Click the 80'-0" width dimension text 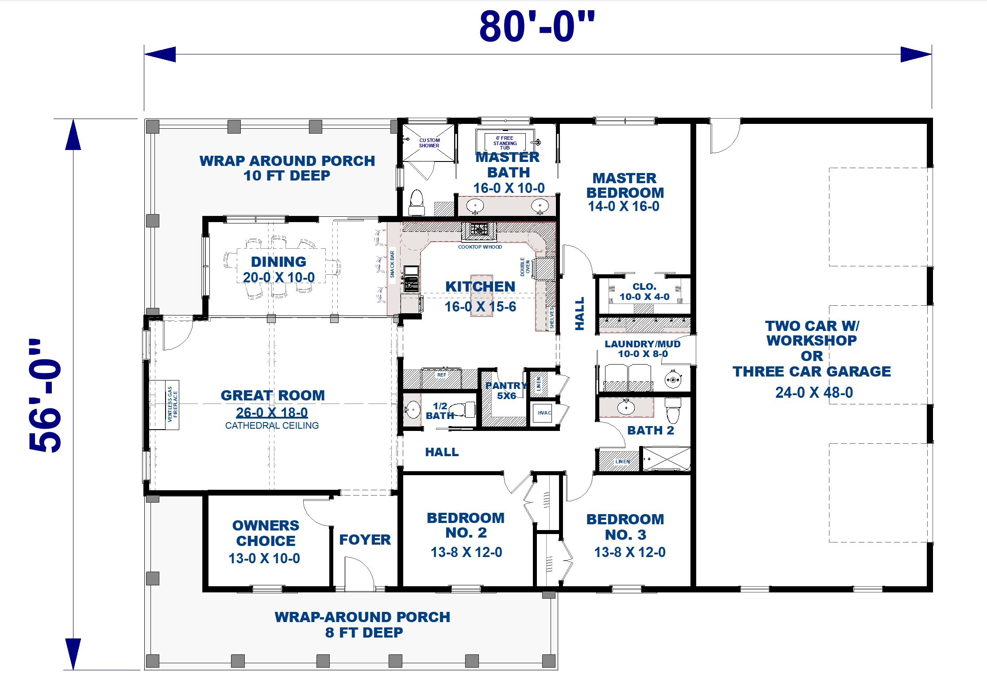pyautogui.click(x=537, y=27)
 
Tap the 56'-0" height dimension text pyautogui.click(x=45, y=396)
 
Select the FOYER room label pyautogui.click(x=365, y=539)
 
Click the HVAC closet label pyautogui.click(x=544, y=413)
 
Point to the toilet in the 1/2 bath pyautogui.click(x=464, y=409)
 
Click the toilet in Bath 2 pyautogui.click(x=673, y=410)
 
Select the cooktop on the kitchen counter pyautogui.click(x=479, y=230)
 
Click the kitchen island pyautogui.click(x=481, y=295)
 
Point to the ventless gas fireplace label pyautogui.click(x=172, y=404)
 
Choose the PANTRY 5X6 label pyautogui.click(x=506, y=390)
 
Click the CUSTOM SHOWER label pyautogui.click(x=429, y=143)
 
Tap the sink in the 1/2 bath pyautogui.click(x=413, y=410)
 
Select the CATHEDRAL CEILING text pyautogui.click(x=272, y=425)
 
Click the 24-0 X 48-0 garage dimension pyautogui.click(x=814, y=392)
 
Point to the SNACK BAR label pyautogui.click(x=392, y=264)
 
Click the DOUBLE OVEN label pyautogui.click(x=525, y=267)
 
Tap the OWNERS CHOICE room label pyautogui.click(x=266, y=533)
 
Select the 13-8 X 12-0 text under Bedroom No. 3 pyautogui.click(x=629, y=552)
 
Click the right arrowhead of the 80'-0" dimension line pyautogui.click(x=916, y=54)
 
